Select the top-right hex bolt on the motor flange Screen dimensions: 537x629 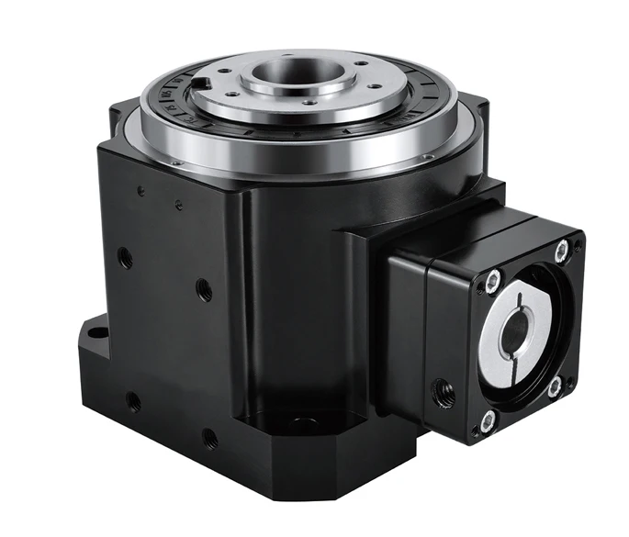(x=560, y=251)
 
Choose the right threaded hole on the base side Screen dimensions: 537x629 (x=209, y=439)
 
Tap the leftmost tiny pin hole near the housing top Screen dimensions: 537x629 (x=140, y=191)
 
